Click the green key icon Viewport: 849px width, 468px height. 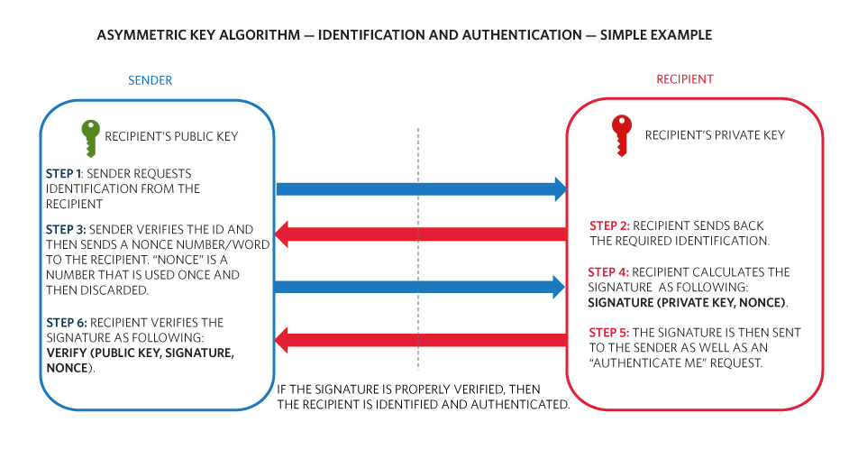91,138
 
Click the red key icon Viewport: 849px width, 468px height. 622,135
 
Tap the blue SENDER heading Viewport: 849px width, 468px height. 150,81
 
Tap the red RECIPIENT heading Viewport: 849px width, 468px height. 685,79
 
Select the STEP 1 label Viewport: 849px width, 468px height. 64,174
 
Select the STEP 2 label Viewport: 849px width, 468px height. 609,225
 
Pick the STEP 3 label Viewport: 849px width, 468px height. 66,230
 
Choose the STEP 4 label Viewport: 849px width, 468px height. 608,272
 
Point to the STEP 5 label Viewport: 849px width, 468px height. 609,333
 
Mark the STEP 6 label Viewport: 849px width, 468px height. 67,323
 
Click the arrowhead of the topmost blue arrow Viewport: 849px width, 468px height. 561,189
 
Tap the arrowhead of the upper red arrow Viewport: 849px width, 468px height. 281,234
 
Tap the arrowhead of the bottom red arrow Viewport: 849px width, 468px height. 281,340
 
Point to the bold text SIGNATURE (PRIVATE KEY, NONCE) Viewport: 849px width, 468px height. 687,303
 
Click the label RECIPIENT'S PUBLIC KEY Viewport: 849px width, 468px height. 171,136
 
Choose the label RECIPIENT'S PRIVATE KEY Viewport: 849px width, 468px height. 715,135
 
